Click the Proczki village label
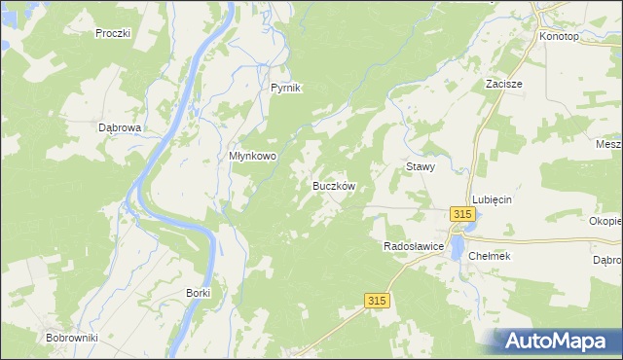pos(113,33)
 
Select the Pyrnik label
pos(286,88)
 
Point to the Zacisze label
pos(504,84)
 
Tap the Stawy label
pos(420,166)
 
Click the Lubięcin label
pos(493,198)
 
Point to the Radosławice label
pos(415,247)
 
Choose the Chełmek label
pos(490,256)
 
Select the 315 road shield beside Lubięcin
pos(462,215)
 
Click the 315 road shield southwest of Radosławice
pos(379,302)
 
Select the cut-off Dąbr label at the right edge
pos(607,261)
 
